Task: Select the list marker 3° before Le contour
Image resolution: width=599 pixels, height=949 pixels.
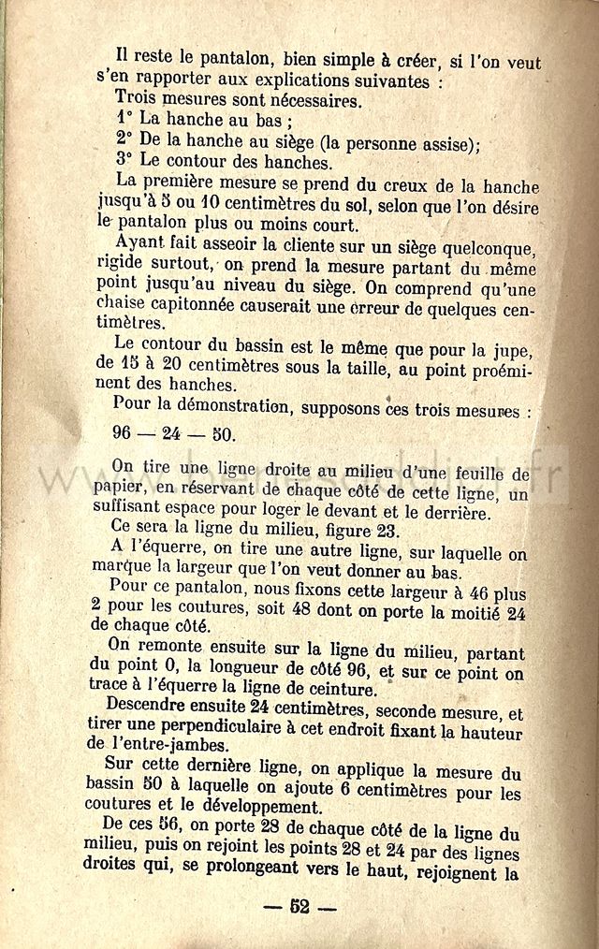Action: coord(125,160)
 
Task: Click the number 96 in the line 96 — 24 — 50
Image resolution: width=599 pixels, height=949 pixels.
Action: coord(126,434)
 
